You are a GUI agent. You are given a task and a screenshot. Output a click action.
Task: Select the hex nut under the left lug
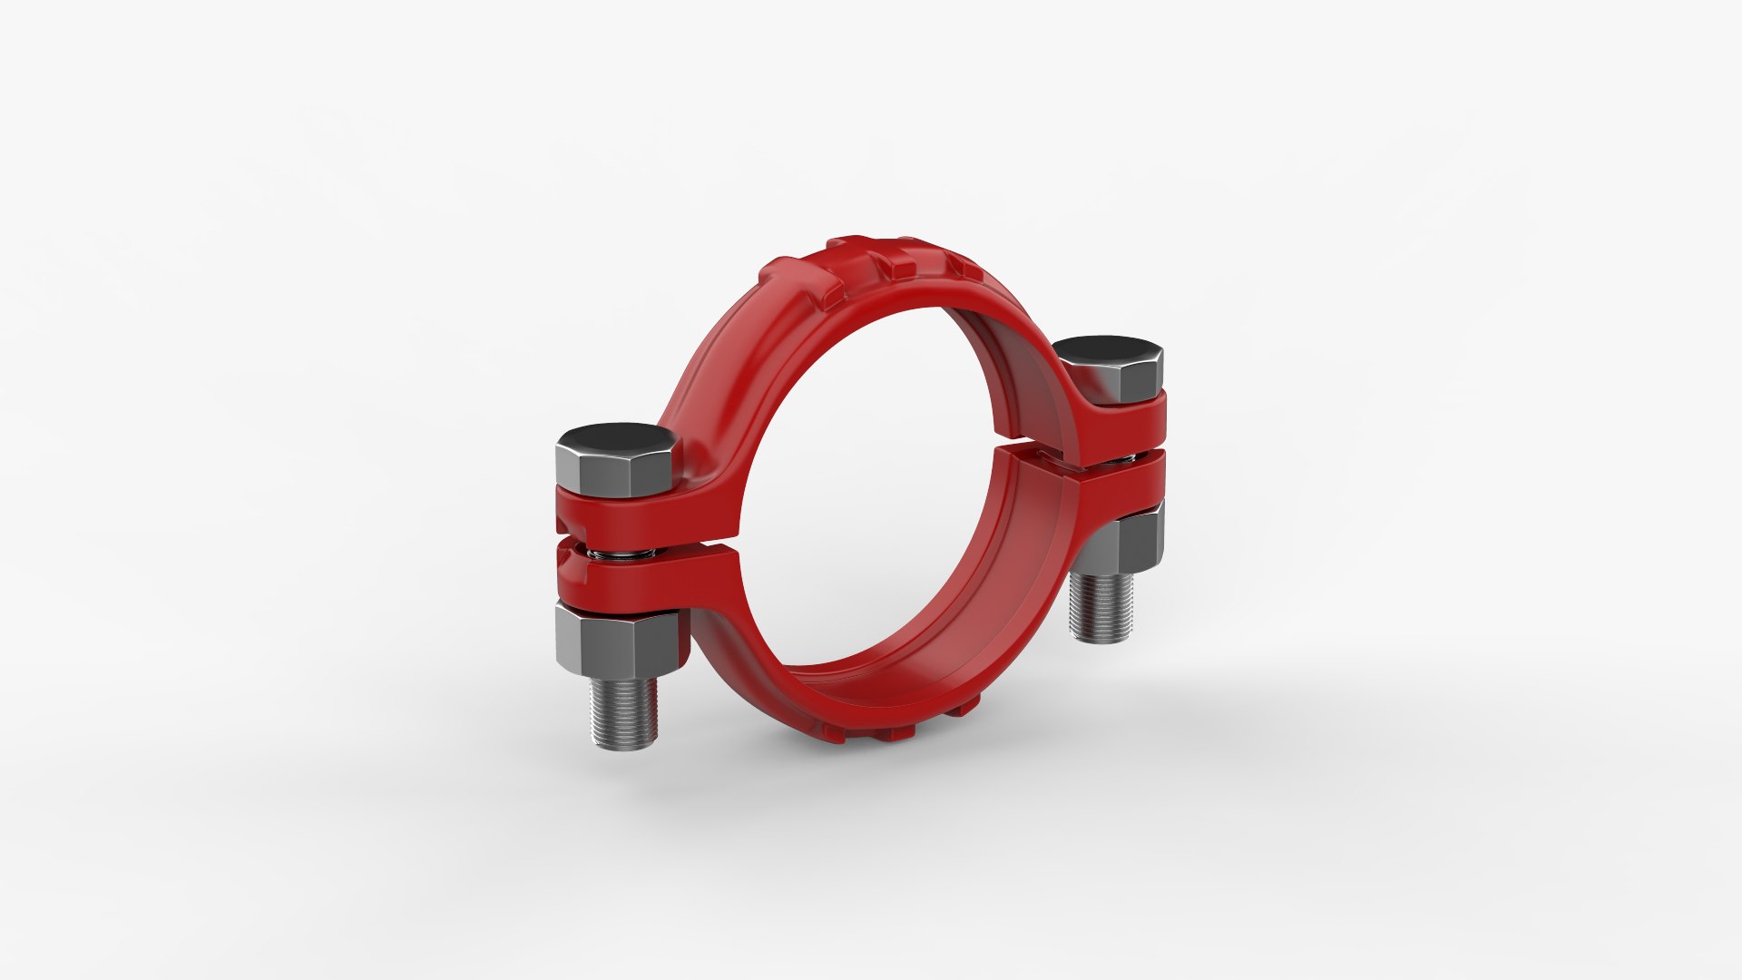616,642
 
